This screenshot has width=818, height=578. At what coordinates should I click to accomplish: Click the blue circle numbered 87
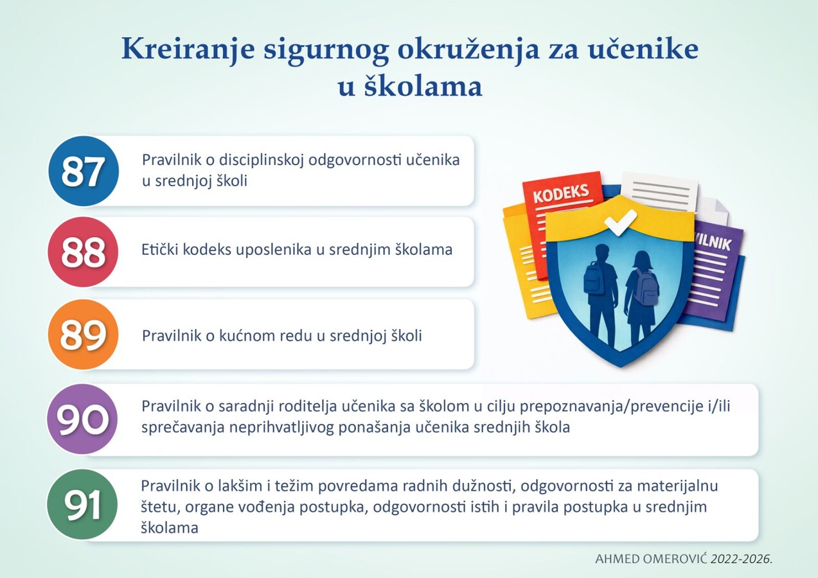[x=84, y=171]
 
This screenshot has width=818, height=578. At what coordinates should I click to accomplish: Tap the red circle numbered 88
[x=84, y=252]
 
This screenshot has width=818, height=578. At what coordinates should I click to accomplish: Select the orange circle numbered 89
[x=84, y=334]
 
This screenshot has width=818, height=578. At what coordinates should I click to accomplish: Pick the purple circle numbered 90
[x=82, y=419]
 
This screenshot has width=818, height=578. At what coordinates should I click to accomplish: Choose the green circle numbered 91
[x=82, y=504]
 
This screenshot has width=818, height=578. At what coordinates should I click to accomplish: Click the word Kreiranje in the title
[x=188, y=50]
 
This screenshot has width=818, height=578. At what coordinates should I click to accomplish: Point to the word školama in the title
[x=423, y=87]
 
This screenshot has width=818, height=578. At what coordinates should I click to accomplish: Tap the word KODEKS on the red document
[x=561, y=193]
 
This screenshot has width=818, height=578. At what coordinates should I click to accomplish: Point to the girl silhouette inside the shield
[x=642, y=297]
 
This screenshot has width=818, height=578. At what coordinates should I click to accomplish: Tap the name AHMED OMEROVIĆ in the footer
[x=652, y=559]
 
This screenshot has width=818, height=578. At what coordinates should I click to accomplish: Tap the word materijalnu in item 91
[x=677, y=486]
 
